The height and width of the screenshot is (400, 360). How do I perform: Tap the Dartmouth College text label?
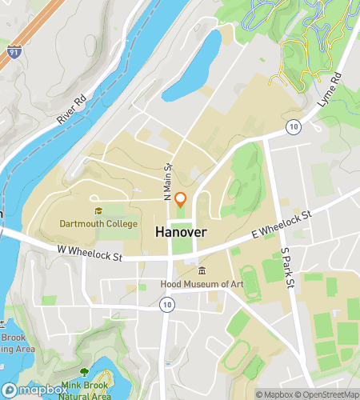click(x=98, y=224)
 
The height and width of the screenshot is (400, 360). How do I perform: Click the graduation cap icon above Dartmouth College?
click(x=98, y=211)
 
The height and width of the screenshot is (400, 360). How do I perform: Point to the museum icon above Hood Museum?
click(x=202, y=270)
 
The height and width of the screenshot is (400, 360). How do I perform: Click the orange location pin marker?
click(x=182, y=199)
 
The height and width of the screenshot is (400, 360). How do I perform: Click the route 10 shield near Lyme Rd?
click(x=295, y=127)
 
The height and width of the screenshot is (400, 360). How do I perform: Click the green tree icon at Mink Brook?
click(x=85, y=373)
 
